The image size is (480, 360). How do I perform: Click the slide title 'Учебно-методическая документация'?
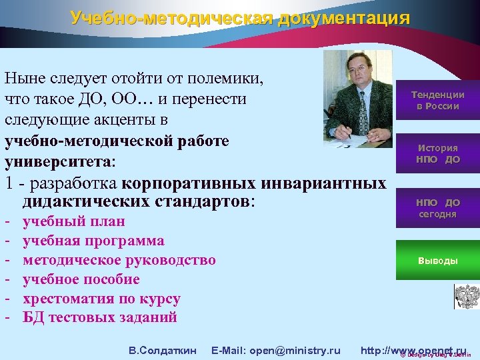(x=240, y=18)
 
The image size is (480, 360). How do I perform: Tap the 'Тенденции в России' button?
(x=437, y=100)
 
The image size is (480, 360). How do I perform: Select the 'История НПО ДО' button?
(x=437, y=153)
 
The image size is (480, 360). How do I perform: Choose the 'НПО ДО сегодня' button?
(x=437, y=207)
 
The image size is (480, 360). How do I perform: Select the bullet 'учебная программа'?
(x=93, y=241)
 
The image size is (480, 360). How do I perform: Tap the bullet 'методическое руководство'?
(x=119, y=260)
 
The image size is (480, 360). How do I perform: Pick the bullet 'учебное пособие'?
(x=81, y=279)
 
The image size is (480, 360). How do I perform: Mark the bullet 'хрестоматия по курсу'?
(x=101, y=299)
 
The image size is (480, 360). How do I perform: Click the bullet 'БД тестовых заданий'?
(x=100, y=317)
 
